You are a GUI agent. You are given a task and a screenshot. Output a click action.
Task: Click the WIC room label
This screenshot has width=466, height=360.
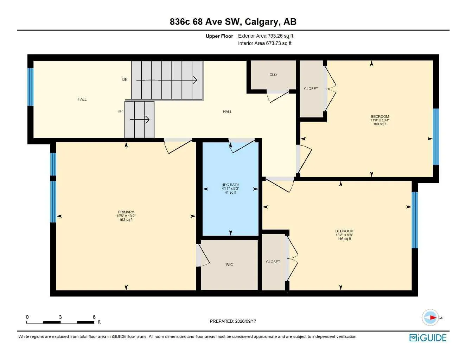(229, 264)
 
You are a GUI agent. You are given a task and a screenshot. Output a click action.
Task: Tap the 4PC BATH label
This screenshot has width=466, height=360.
(230, 185)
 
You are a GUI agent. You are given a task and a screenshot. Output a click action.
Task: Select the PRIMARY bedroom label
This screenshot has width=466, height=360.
(126, 212)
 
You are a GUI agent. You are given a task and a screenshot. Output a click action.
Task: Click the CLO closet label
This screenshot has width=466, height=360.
(273, 75)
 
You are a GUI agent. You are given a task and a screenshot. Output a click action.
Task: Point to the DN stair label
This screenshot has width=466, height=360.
(125, 79)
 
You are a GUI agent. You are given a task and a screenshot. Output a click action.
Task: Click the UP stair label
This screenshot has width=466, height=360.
(120, 111)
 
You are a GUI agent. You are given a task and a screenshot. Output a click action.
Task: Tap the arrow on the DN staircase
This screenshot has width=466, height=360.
(167, 80)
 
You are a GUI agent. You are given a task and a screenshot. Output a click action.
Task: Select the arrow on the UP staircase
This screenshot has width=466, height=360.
(139, 120)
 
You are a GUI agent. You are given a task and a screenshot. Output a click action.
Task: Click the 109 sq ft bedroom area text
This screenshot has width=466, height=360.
(380, 124)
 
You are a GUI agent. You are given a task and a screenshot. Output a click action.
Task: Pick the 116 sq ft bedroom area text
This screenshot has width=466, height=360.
(344, 239)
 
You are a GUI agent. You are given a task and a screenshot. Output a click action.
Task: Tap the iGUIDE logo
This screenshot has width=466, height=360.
(428, 338)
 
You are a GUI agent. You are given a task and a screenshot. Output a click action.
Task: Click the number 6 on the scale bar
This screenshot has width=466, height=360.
(94, 317)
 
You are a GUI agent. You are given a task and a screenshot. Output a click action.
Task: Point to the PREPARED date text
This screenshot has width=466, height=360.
(233, 321)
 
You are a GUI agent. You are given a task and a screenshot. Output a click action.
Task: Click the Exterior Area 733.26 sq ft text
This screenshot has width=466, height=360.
(266, 36)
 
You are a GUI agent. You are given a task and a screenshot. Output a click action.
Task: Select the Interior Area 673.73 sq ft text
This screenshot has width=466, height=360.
(264, 43)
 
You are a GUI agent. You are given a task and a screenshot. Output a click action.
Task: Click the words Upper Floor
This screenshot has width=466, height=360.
(219, 36)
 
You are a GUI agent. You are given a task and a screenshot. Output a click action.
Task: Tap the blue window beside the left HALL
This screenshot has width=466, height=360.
(31, 87)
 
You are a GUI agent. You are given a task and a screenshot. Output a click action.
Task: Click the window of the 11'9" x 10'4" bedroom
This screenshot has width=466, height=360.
(436, 137)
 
